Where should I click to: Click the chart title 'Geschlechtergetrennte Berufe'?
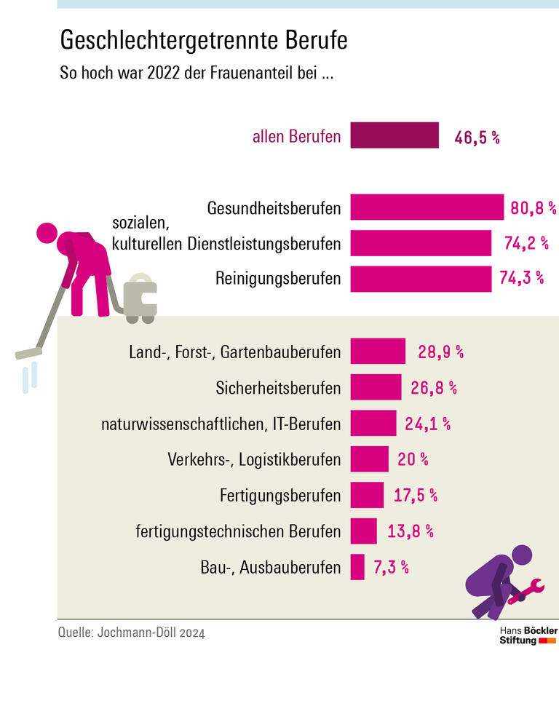(204, 41)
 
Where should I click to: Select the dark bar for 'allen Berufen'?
(395, 135)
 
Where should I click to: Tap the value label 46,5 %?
(477, 137)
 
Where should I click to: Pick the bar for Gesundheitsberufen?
(427, 207)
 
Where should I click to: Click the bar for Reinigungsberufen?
(421, 278)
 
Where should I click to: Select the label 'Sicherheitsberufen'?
(278, 388)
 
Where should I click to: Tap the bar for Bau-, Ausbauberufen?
(357, 567)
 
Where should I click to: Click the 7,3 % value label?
(391, 567)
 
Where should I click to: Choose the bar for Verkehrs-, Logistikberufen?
(369, 459)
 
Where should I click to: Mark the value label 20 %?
(413, 459)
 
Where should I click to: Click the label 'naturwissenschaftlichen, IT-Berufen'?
(221, 424)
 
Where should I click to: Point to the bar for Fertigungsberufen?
(367, 495)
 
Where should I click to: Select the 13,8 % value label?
(410, 531)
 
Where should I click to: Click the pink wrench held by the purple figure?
(527, 590)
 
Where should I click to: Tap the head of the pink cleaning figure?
(47, 233)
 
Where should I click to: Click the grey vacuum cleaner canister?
(140, 298)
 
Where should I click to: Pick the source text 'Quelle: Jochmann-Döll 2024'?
(131, 632)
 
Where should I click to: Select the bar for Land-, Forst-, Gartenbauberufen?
(378, 352)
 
